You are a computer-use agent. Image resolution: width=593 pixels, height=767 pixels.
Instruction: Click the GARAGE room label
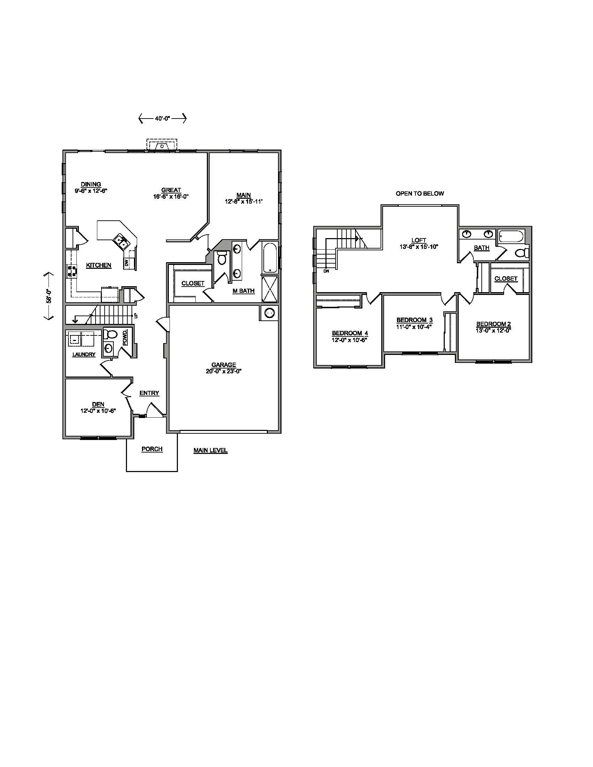point(224,365)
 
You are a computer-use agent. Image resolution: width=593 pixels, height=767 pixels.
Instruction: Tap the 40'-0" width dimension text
point(162,119)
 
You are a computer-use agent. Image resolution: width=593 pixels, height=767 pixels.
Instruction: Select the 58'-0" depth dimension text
point(49,296)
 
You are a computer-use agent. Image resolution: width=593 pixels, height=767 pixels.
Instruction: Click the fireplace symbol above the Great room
point(162,145)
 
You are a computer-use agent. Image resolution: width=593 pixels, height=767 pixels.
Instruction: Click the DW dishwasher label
point(127,262)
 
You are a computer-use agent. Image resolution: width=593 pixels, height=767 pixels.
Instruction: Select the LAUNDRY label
point(84,355)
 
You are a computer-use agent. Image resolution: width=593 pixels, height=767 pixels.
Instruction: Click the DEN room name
point(98,404)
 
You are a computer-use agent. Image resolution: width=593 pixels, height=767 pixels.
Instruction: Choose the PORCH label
point(152,449)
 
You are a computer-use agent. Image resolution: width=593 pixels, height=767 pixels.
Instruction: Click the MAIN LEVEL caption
point(210,450)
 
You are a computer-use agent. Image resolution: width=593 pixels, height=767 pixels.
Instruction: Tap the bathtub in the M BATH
point(270,257)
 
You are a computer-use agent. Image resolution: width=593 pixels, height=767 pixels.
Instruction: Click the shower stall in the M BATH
point(270,289)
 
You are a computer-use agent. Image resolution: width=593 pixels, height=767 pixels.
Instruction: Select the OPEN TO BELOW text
point(420,193)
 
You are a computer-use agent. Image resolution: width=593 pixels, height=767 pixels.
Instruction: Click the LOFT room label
point(419,240)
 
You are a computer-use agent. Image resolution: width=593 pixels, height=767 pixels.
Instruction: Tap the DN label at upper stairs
point(326,271)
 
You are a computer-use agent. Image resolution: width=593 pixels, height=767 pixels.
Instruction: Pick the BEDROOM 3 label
point(414,320)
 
